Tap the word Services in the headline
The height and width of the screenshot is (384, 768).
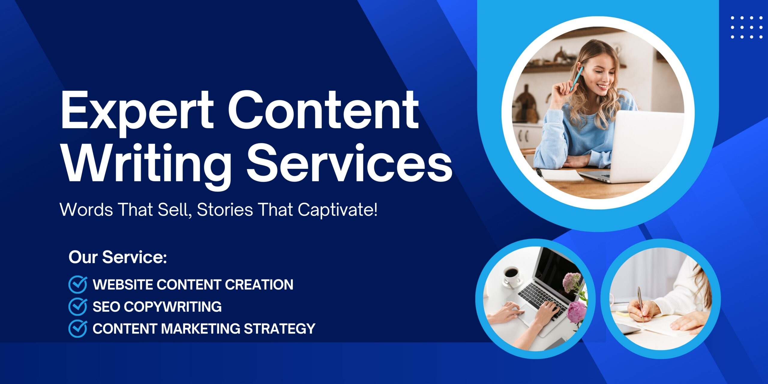[349, 163]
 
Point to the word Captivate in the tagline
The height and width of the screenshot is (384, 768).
[337, 210]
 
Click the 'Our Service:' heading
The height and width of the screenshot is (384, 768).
[118, 257]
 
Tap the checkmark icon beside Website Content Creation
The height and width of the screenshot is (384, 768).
[78, 284]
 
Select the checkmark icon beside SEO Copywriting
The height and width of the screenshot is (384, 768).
[78, 307]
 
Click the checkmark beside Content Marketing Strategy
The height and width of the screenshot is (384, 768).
[78, 328]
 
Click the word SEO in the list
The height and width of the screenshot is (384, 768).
[107, 307]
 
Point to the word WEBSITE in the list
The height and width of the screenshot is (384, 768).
[123, 284]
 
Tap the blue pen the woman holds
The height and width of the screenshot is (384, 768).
[576, 79]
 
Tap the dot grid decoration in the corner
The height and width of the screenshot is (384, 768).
[746, 27]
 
